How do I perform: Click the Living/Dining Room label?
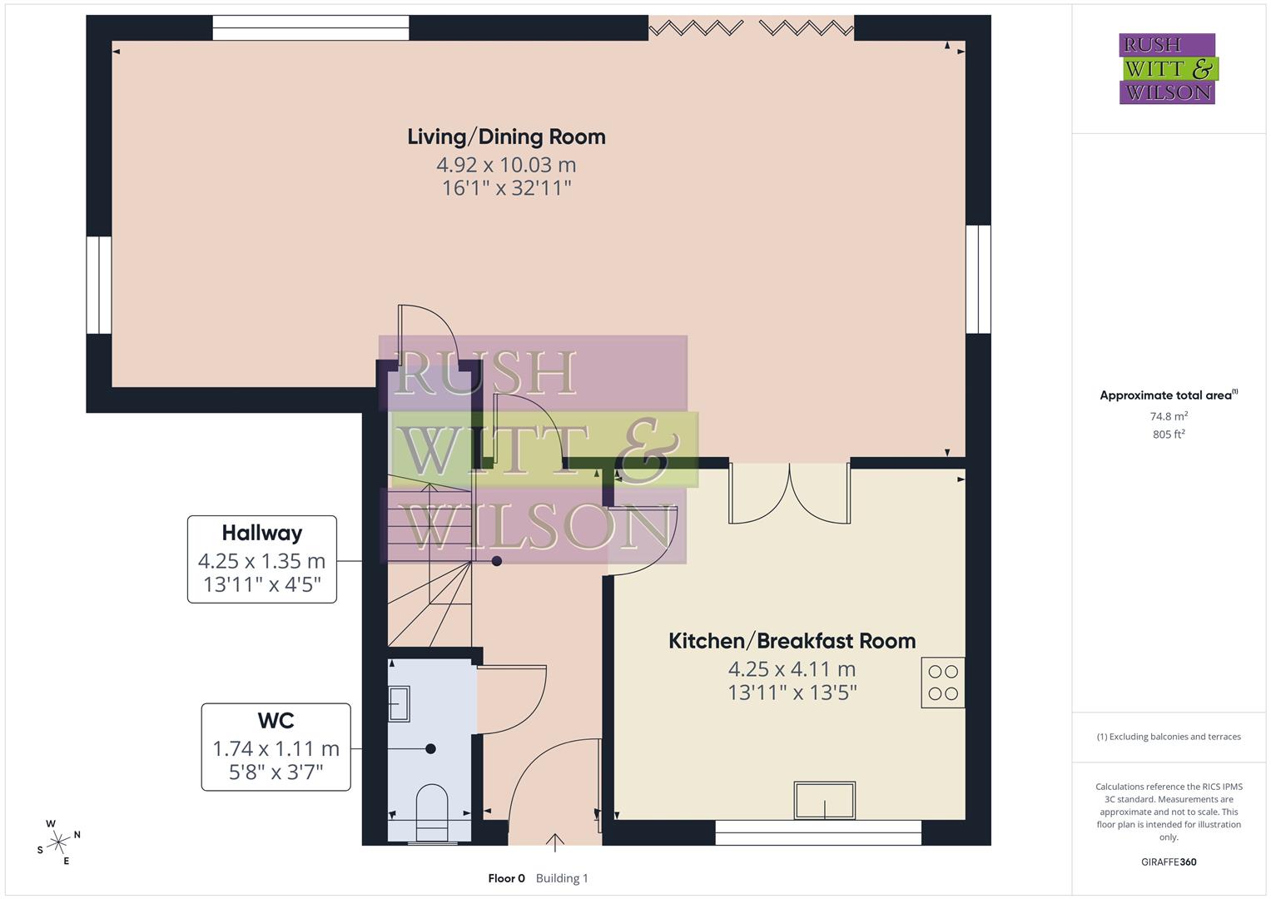506,137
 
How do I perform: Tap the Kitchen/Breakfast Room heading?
792,641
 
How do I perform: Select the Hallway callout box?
261,559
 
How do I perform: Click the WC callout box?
276,747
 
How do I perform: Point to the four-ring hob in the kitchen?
942,683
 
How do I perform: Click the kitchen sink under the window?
824,800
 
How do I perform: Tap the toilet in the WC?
431,806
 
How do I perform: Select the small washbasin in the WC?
400,703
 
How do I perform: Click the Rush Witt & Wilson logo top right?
1167,69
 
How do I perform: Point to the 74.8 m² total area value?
1168,416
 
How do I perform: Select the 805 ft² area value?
1168,435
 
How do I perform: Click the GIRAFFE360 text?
1168,862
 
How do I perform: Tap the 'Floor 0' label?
506,878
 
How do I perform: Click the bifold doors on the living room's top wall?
751,29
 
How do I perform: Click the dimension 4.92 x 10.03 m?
506,165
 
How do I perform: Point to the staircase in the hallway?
429,566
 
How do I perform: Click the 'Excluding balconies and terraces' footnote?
1168,737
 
